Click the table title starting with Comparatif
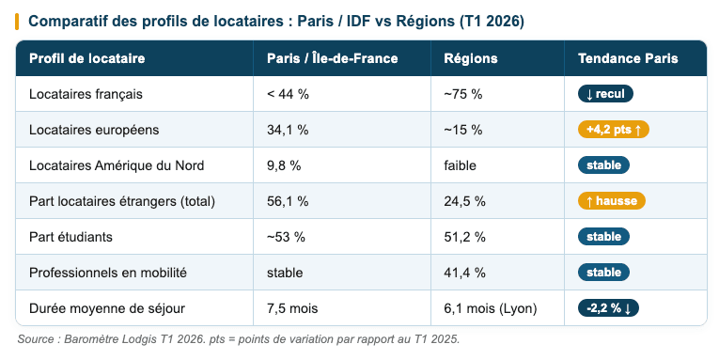(x=276, y=21)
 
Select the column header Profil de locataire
(x=87, y=58)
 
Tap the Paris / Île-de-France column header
(x=332, y=58)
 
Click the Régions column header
(x=470, y=58)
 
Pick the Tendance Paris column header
(x=627, y=58)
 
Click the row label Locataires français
(x=86, y=94)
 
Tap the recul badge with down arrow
(x=605, y=94)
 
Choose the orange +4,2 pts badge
(x=613, y=130)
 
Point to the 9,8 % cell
(x=284, y=165)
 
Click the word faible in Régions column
(x=461, y=165)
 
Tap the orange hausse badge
(x=611, y=201)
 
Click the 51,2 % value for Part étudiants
(x=464, y=237)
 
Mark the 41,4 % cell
(x=464, y=273)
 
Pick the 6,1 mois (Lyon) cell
(x=489, y=308)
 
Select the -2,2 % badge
(x=608, y=308)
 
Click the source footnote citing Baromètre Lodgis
(x=238, y=338)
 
